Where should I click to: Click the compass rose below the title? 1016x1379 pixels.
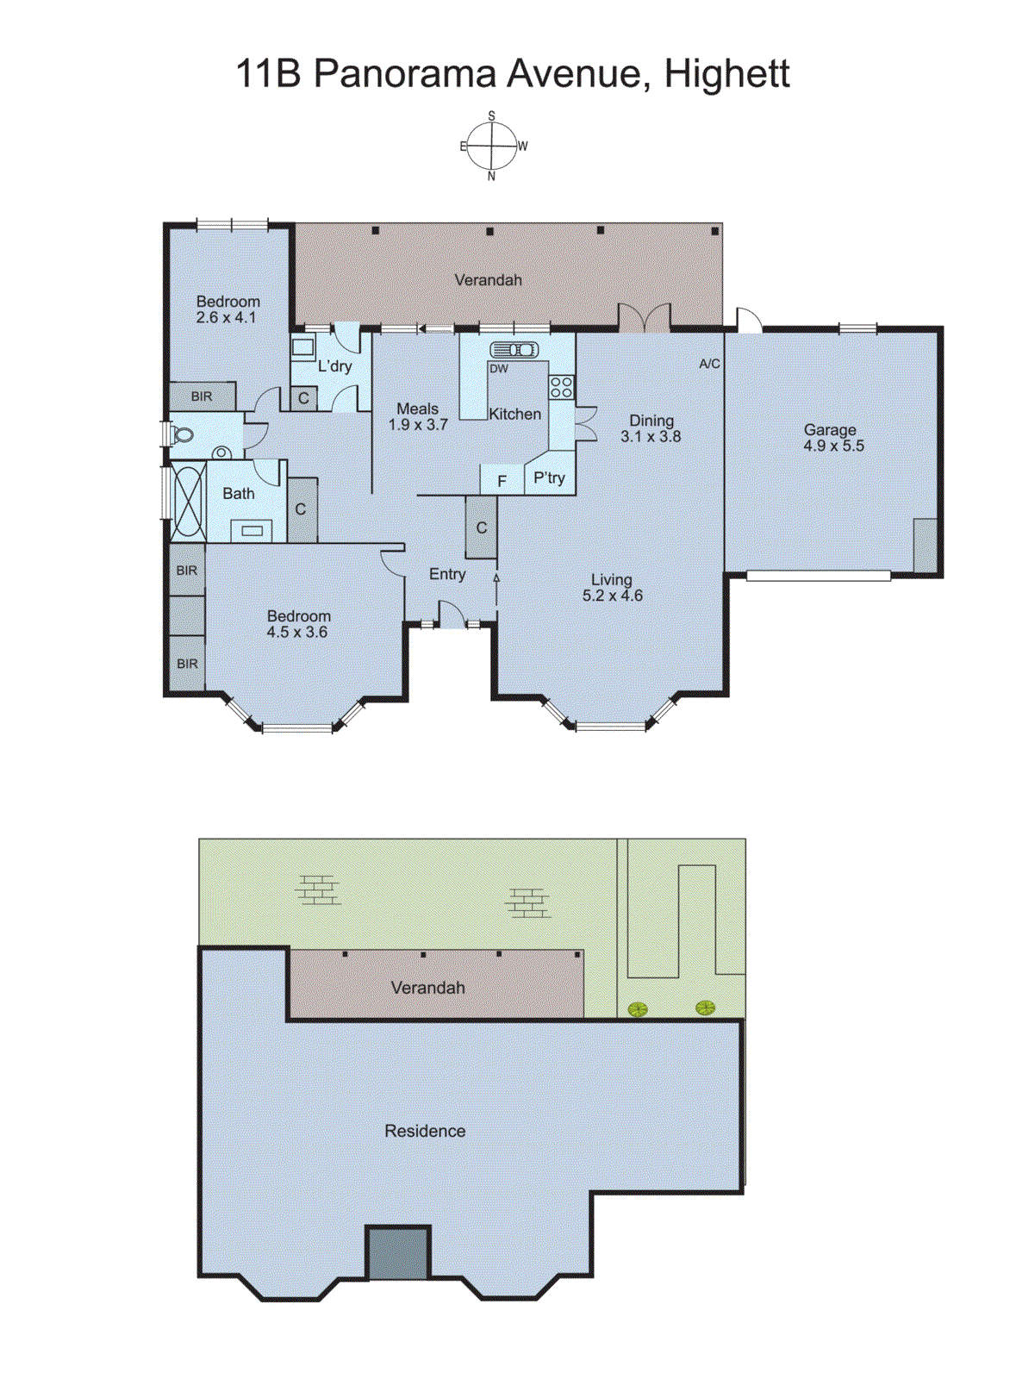pyautogui.click(x=492, y=147)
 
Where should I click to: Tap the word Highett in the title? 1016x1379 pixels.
pyautogui.click(x=726, y=73)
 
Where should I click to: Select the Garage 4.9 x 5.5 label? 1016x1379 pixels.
pyautogui.click(x=832, y=438)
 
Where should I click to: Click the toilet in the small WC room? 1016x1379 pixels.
pyautogui.click(x=182, y=434)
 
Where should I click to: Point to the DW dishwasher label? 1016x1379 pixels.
pyautogui.click(x=498, y=369)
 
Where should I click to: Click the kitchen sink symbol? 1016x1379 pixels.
pyautogui.click(x=514, y=350)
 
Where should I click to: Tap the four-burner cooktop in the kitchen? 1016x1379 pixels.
pyautogui.click(x=562, y=387)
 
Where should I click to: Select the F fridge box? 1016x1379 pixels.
pyautogui.click(x=502, y=481)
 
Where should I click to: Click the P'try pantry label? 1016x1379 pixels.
pyautogui.click(x=549, y=478)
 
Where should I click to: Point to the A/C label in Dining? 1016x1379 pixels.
pyautogui.click(x=709, y=365)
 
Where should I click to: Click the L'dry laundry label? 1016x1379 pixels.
pyautogui.click(x=334, y=366)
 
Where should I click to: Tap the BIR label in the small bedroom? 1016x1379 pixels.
pyautogui.click(x=202, y=397)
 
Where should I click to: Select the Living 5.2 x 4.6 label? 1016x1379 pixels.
pyautogui.click(x=612, y=588)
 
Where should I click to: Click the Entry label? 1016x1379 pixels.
pyautogui.click(x=447, y=575)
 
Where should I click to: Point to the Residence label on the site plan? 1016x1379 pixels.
pyautogui.click(x=425, y=1131)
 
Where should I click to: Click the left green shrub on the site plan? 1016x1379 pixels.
pyautogui.click(x=638, y=1009)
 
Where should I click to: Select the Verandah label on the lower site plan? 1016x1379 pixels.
pyautogui.click(x=427, y=988)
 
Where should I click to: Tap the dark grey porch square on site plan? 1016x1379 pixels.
pyautogui.click(x=398, y=1253)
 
